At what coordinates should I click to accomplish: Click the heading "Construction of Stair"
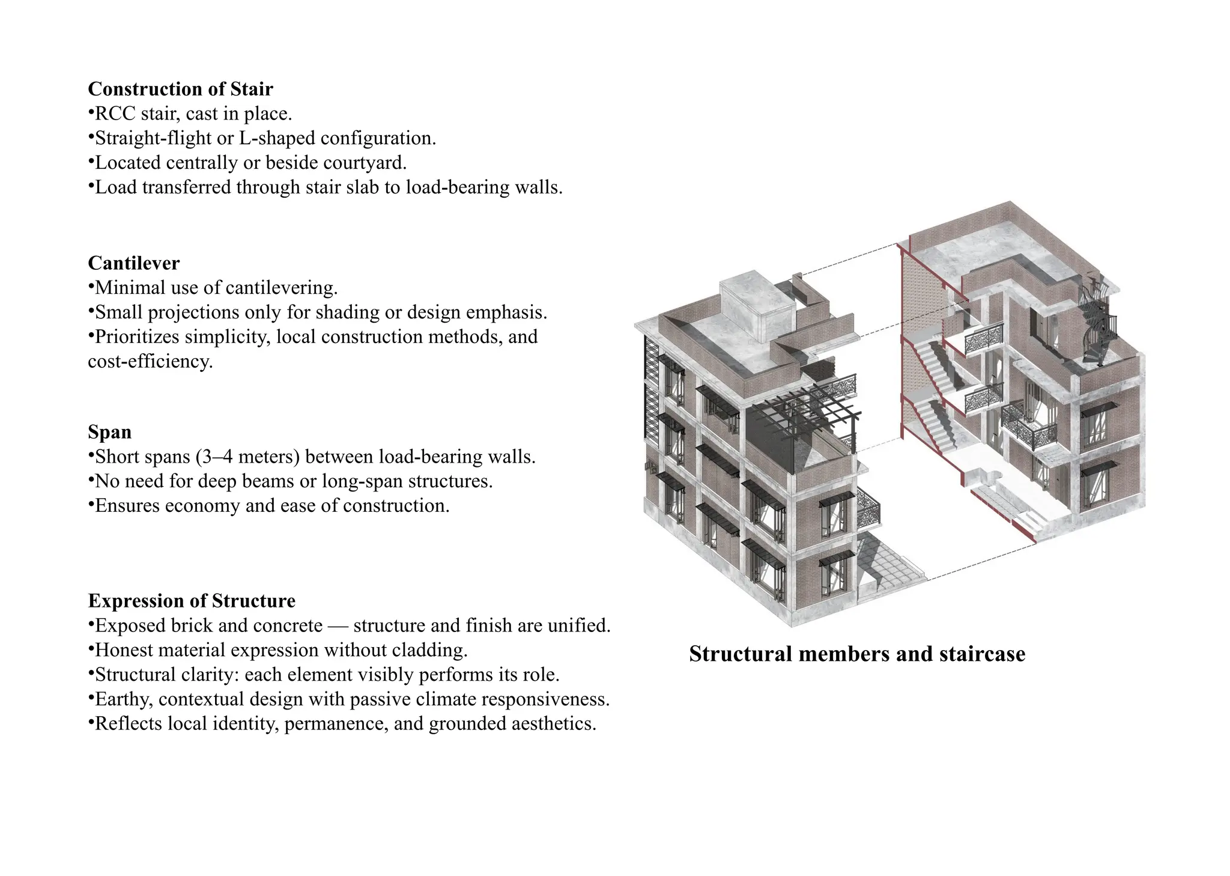coord(180,89)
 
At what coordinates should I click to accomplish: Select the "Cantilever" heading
coord(133,263)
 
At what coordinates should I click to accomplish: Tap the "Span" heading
coord(109,432)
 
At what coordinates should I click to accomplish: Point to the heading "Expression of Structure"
coord(192,601)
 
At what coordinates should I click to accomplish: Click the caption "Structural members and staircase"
coord(857,654)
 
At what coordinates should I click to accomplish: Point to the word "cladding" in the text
coord(429,650)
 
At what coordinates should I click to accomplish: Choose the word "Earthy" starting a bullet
coord(124,699)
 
